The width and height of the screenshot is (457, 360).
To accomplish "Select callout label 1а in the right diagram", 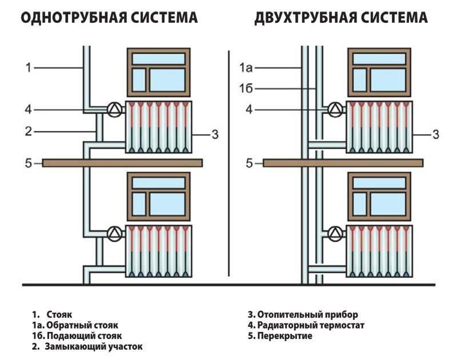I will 246,68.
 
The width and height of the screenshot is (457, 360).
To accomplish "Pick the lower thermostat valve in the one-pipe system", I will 115,233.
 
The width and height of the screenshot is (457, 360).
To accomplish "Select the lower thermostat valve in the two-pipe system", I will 335,233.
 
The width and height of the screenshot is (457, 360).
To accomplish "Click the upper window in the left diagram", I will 158,72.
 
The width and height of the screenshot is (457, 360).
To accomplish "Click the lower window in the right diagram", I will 379,196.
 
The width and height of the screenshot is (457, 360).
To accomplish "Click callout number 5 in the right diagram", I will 248,163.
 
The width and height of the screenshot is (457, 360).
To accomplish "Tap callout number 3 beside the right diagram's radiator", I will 435,135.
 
